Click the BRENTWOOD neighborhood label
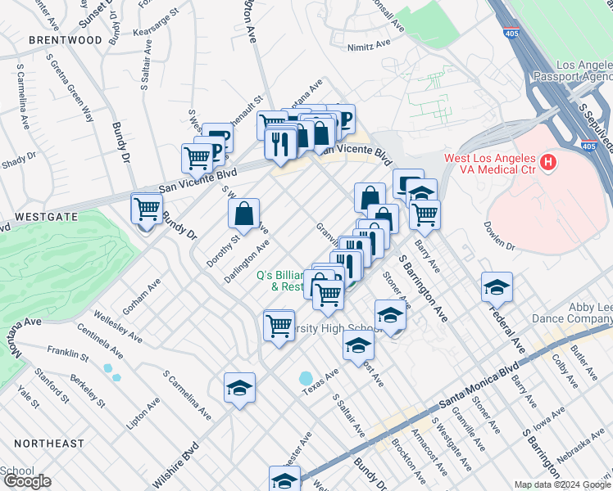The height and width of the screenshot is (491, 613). tap(65, 39)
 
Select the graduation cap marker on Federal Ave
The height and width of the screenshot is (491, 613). tap(497, 287)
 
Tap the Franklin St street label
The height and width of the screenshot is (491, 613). tap(68, 355)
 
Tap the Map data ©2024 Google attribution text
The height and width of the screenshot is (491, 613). tap(561, 484)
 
